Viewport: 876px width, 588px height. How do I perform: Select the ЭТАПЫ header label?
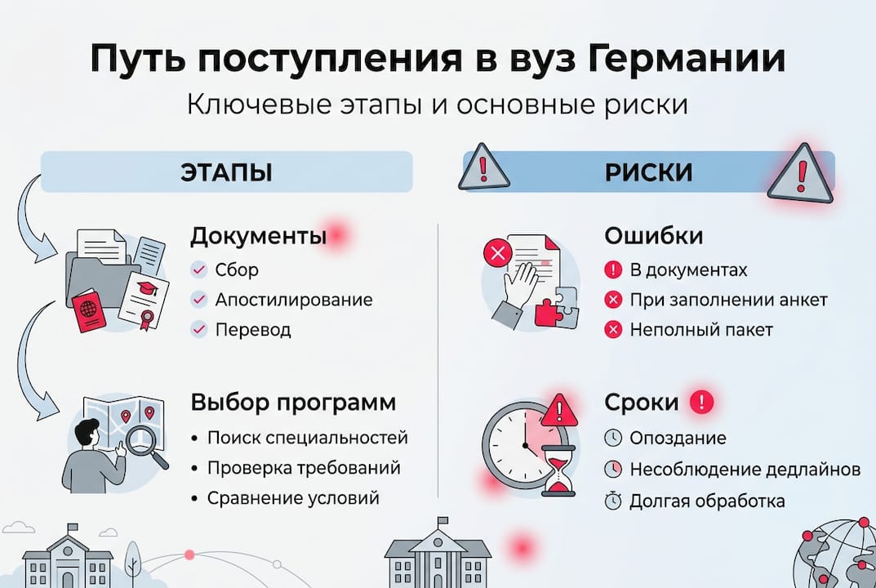[x=226, y=172]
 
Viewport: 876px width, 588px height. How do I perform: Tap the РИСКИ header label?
[x=648, y=172]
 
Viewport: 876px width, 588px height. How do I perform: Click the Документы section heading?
[x=258, y=237]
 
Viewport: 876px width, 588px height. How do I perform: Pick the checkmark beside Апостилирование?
[x=198, y=300]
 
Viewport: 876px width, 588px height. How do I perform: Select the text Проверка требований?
[x=304, y=468]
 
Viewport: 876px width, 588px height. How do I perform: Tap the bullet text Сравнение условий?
[x=293, y=498]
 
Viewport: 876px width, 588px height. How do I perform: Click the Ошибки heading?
[x=654, y=237]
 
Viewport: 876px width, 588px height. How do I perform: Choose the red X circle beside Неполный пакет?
[x=613, y=330]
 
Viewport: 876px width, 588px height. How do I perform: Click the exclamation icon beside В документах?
[x=613, y=269]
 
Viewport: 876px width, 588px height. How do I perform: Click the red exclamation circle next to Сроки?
[x=701, y=402]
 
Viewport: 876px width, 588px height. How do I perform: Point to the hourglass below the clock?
[x=559, y=473]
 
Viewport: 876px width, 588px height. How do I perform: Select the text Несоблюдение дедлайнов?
[x=745, y=470]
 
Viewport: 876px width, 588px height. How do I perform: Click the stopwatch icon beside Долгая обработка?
[x=613, y=501]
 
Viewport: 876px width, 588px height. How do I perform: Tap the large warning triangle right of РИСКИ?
[x=800, y=174]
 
